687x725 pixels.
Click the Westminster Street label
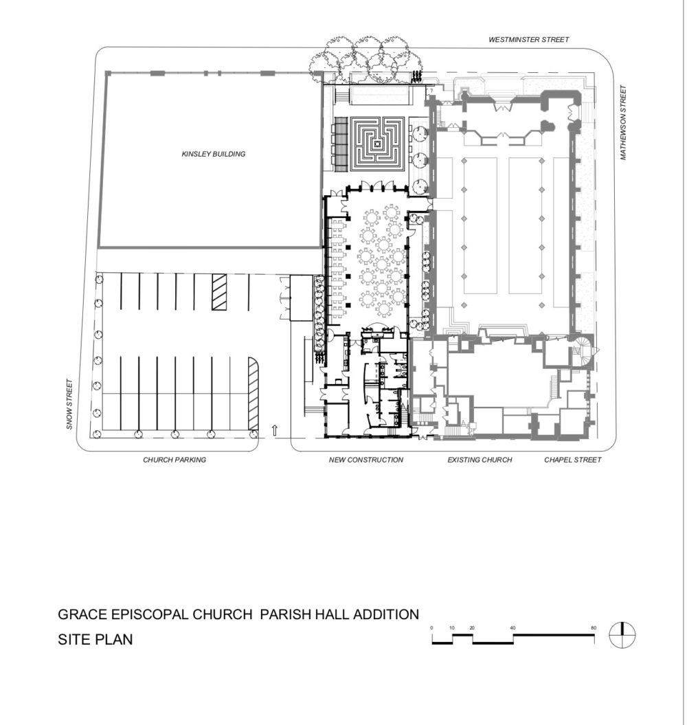pos(528,40)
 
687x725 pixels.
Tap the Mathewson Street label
pos(623,122)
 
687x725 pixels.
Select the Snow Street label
pos(69,404)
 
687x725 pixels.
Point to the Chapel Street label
pos(572,460)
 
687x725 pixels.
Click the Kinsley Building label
pos(214,154)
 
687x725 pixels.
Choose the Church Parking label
pos(174,460)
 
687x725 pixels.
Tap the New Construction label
pos(366,460)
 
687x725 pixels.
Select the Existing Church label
pos(480,460)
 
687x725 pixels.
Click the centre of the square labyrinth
pos(378,144)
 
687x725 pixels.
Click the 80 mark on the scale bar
pos(594,628)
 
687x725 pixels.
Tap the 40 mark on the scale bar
pos(513,628)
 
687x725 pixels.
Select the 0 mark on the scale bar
pos(432,628)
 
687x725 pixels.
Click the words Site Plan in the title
pos(95,640)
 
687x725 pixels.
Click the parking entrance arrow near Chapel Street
pos(275,430)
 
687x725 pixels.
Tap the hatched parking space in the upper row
pos(219,292)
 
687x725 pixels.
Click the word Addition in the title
pos(386,614)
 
